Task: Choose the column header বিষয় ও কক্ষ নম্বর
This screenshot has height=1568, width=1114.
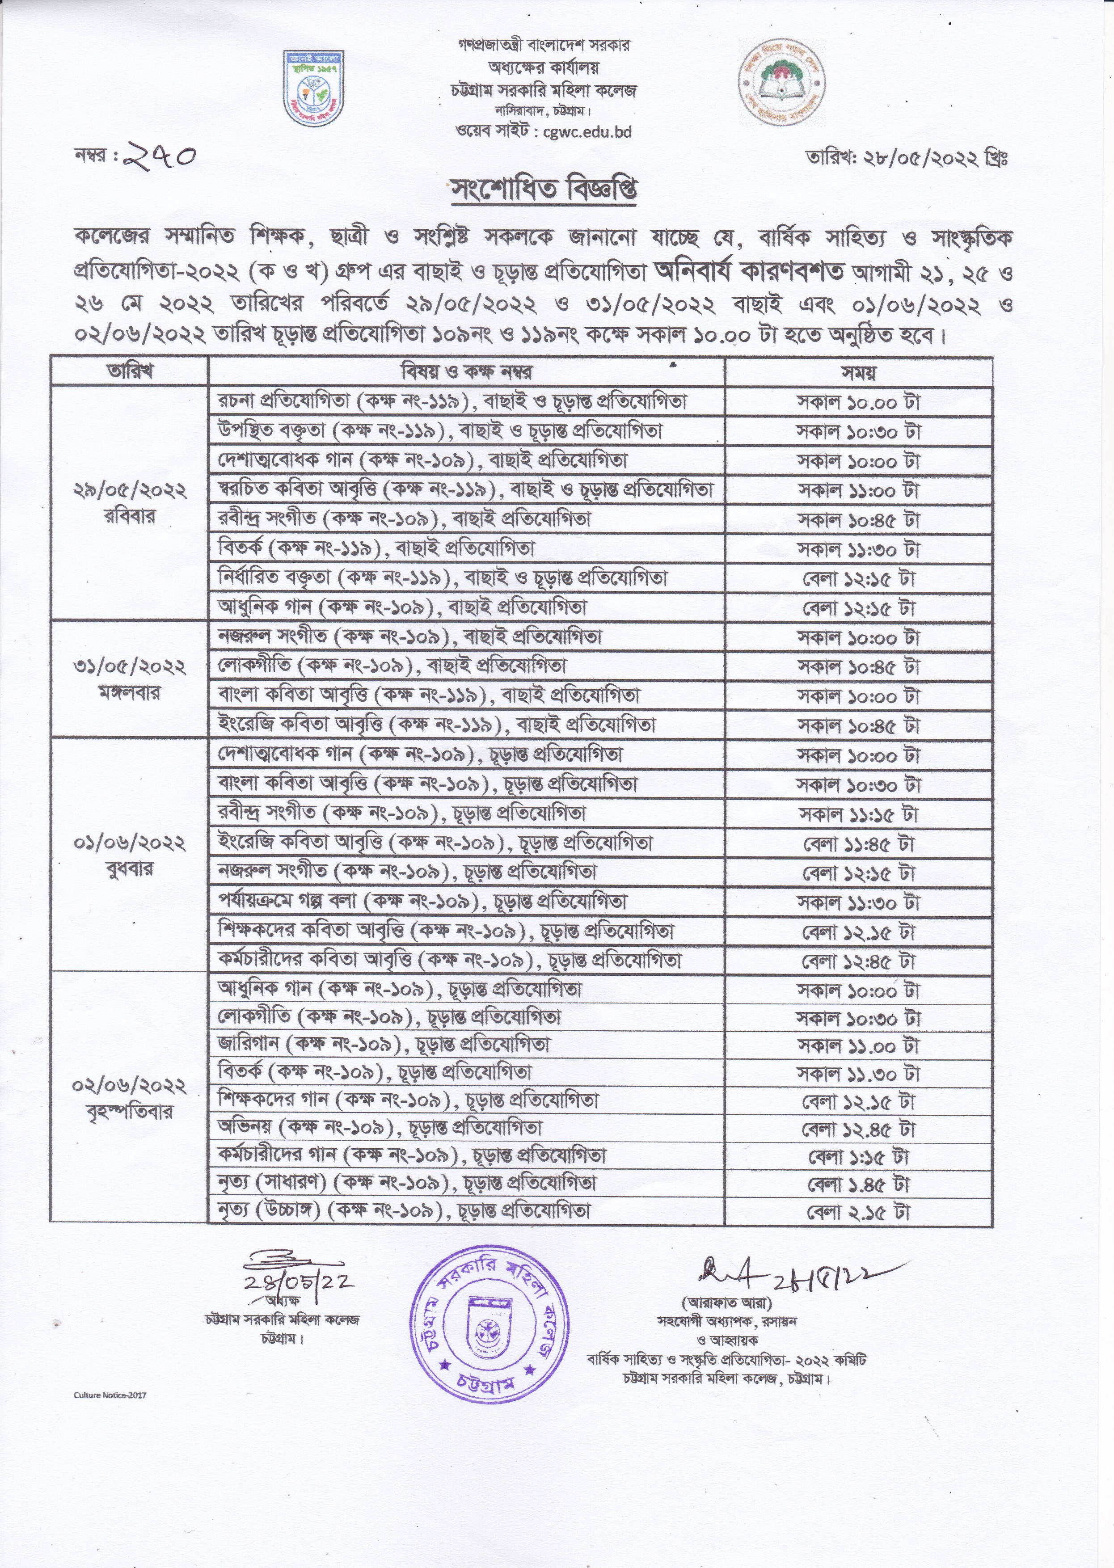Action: pyautogui.click(x=466, y=372)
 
